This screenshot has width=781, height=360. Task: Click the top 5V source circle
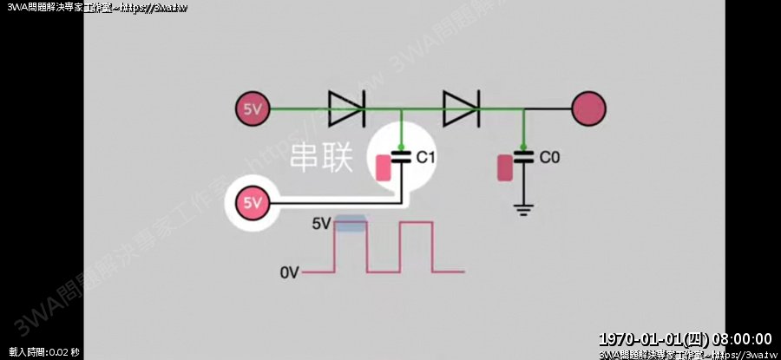[x=253, y=109]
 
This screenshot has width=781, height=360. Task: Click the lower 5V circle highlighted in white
[x=252, y=204]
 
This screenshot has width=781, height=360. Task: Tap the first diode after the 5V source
[x=346, y=108]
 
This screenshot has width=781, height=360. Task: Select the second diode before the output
[x=461, y=108]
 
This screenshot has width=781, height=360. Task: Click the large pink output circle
[x=588, y=109]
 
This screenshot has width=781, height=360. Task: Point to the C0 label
[x=550, y=158]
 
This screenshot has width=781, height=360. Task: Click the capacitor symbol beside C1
[x=401, y=158]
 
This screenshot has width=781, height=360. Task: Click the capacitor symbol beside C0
[x=523, y=158]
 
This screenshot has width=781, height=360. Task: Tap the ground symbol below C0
[x=522, y=209]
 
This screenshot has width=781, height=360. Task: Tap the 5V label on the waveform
[x=321, y=224]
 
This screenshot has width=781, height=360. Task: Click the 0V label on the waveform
[x=290, y=273]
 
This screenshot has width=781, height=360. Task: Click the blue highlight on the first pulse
[x=351, y=225]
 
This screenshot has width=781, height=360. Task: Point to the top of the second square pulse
[x=415, y=224]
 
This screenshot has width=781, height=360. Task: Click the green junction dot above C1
[x=401, y=146]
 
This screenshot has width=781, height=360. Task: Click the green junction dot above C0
[x=523, y=146]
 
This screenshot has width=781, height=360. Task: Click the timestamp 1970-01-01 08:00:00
[x=686, y=338]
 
